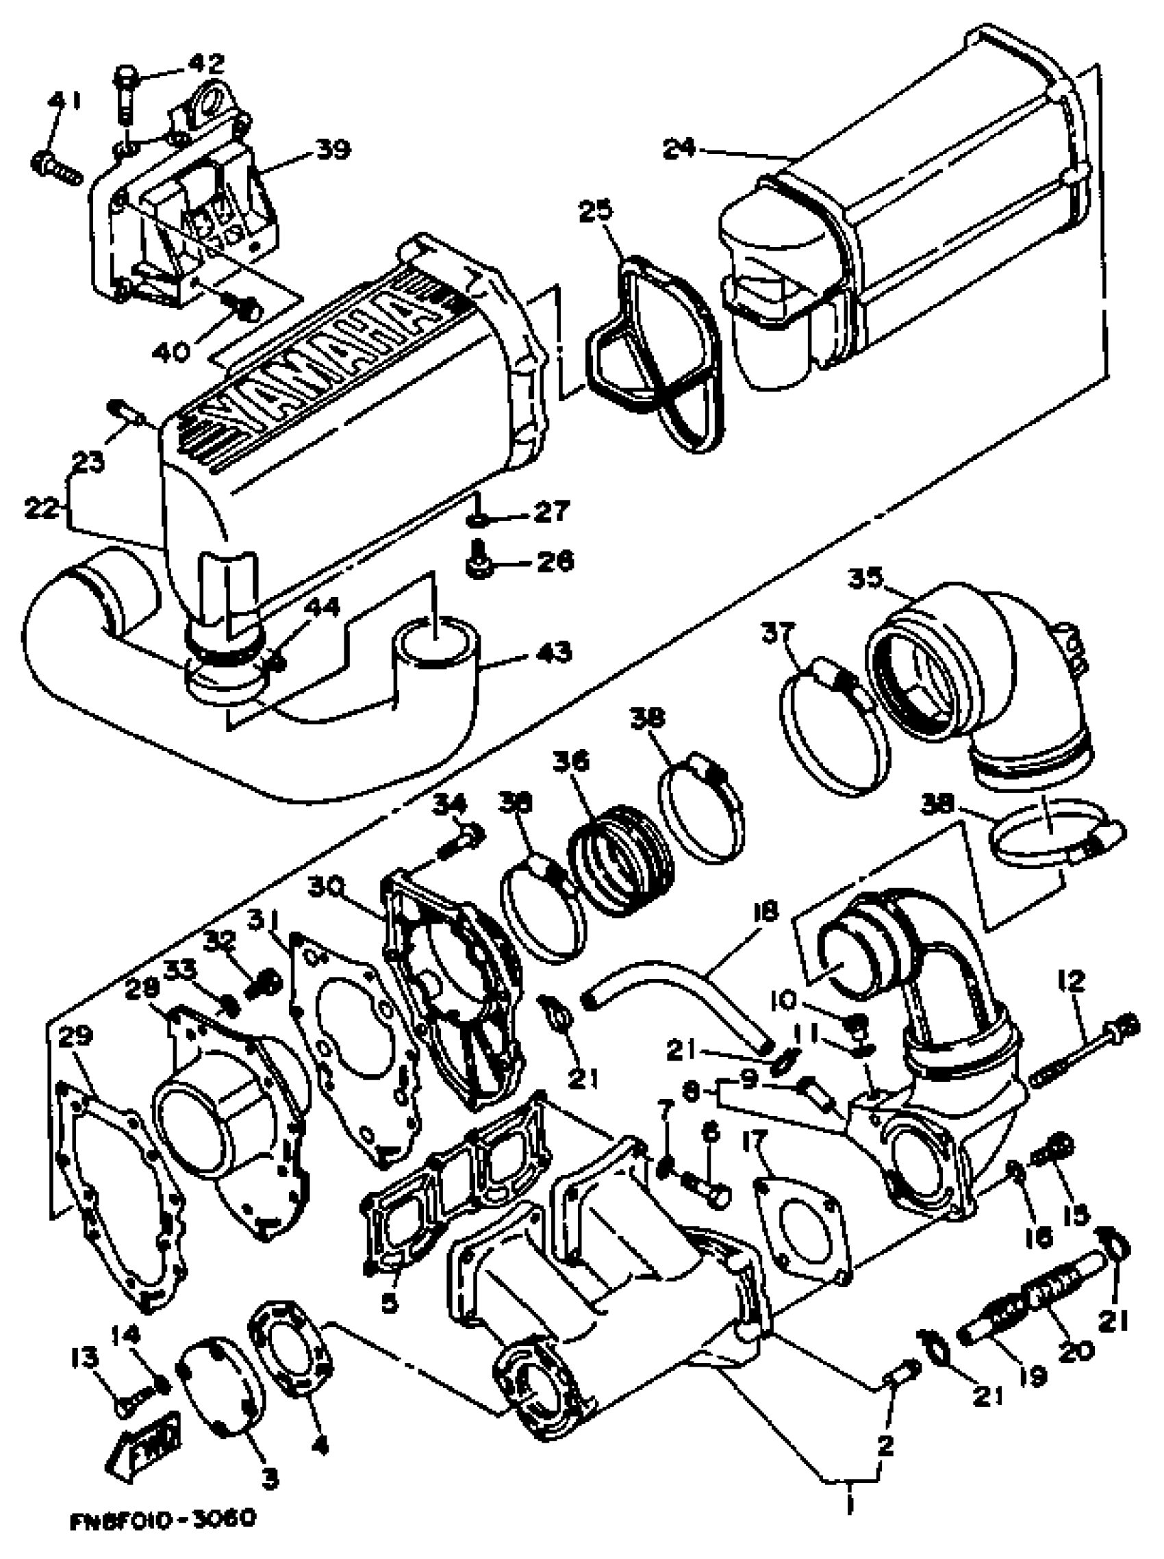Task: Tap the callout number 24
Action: pos(679,148)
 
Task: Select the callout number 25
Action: pos(596,211)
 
